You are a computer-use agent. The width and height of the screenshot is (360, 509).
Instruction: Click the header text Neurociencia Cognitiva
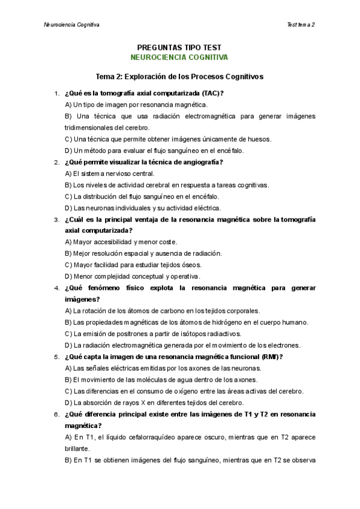(72, 25)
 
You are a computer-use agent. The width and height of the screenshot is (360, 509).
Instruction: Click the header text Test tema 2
(301, 25)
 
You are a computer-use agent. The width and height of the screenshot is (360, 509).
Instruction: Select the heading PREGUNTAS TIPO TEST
(179, 47)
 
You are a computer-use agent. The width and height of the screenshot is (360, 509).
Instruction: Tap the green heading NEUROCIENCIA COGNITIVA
(179, 58)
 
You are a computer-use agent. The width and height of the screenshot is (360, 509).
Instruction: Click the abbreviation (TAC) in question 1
(212, 93)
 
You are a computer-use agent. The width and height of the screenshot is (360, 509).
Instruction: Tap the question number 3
(56, 220)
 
